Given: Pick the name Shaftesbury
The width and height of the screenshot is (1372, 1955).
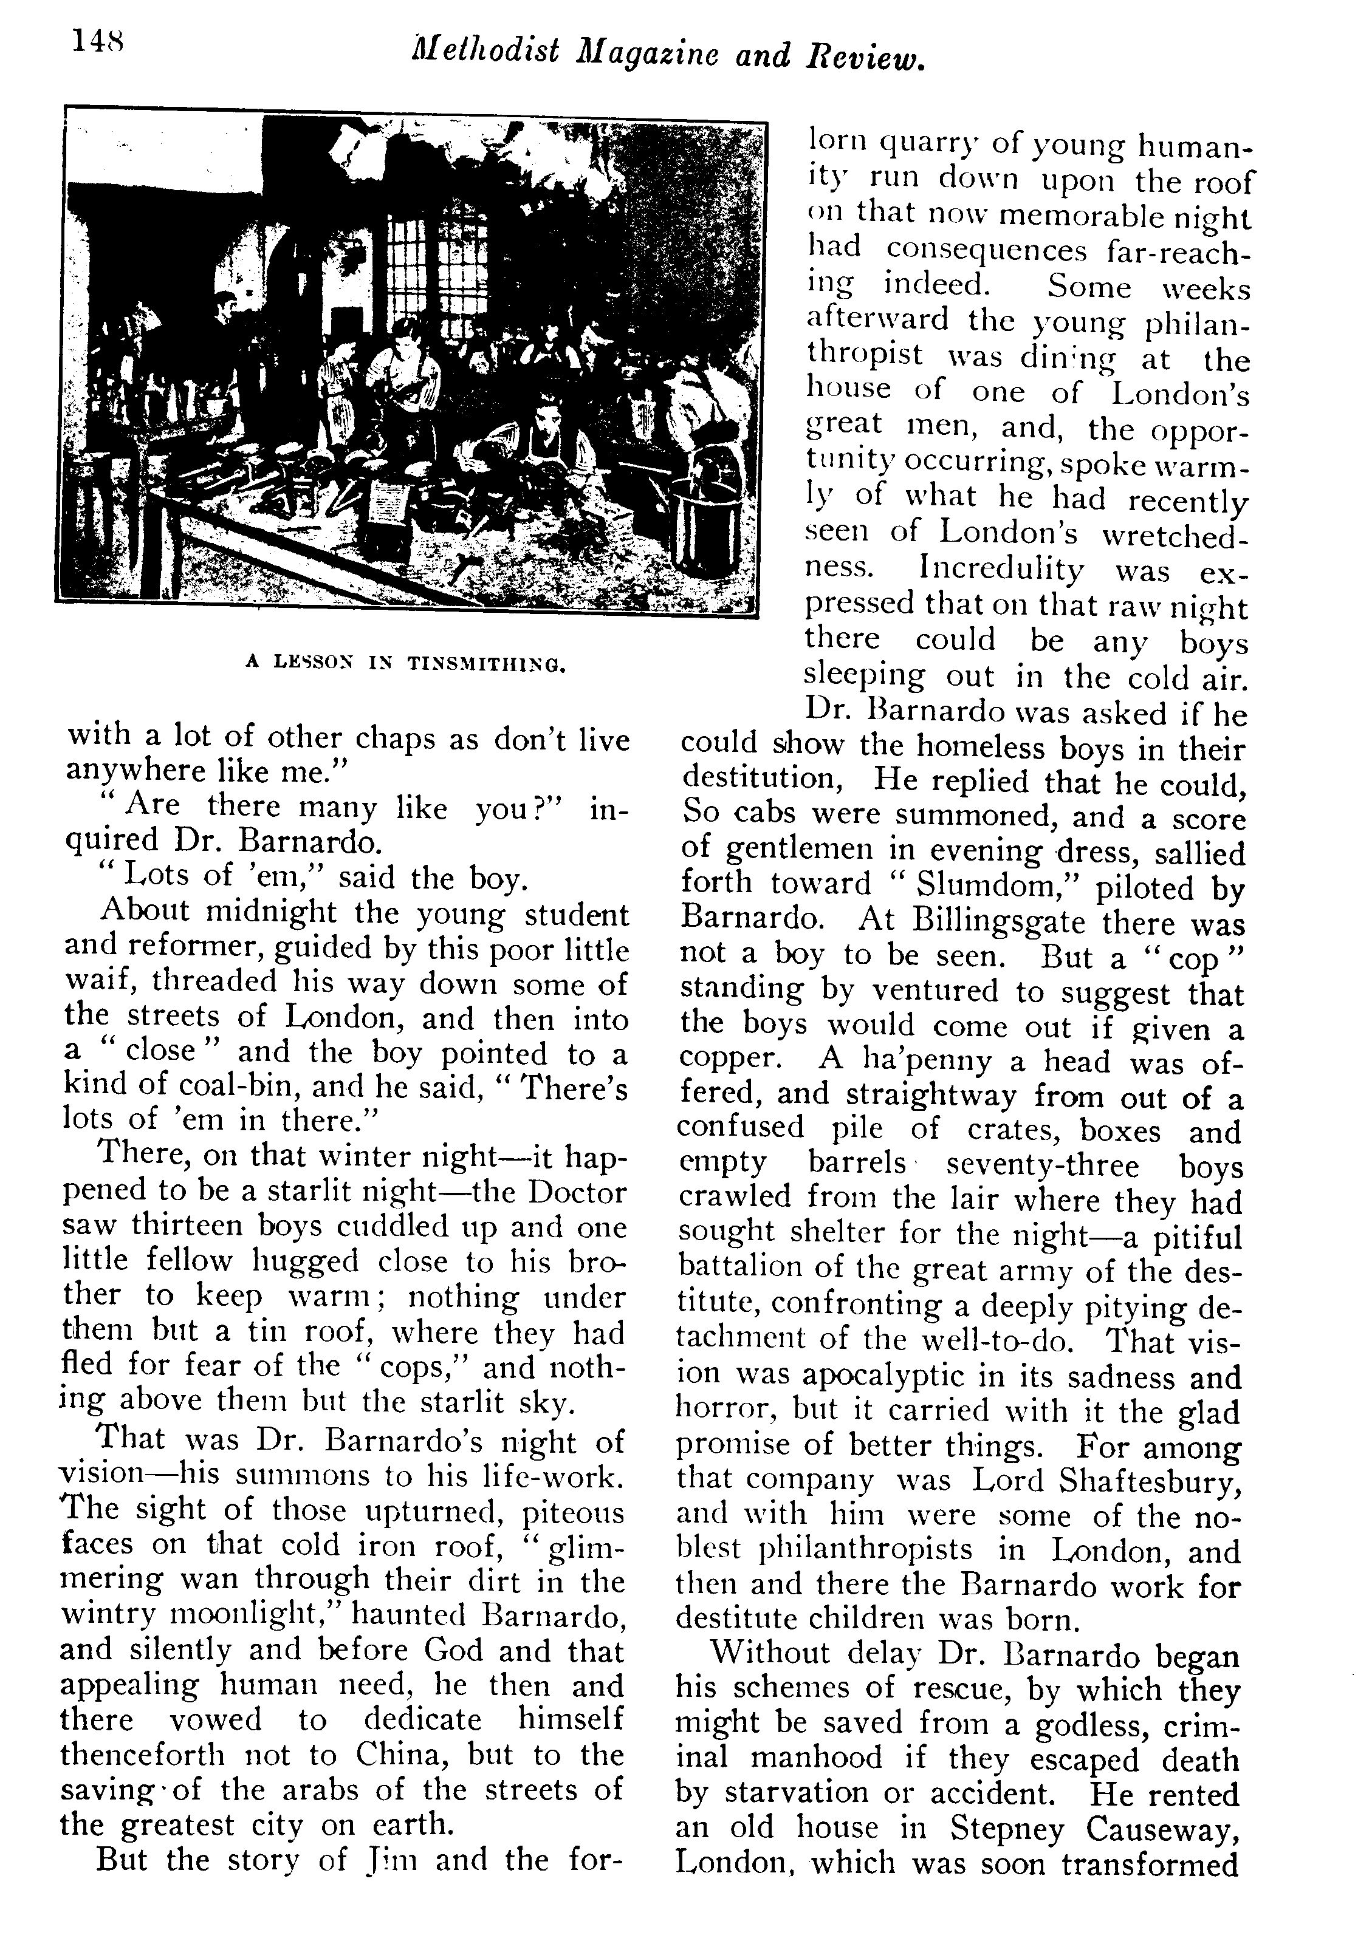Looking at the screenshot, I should click(x=1150, y=1481).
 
